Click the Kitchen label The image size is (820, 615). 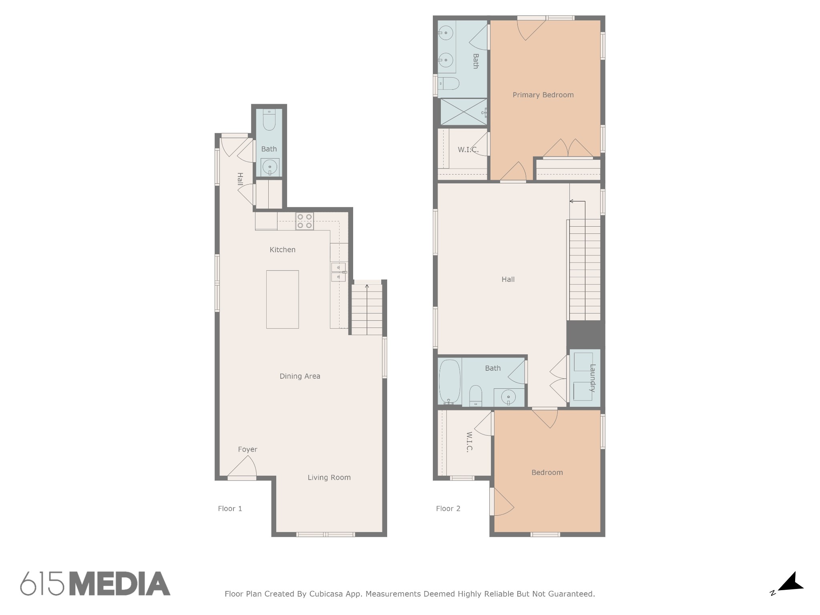(x=282, y=250)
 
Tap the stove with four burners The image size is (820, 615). (x=305, y=221)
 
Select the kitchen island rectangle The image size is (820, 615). (x=282, y=299)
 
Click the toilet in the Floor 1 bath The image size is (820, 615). (x=269, y=120)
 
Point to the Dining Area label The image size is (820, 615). (x=299, y=376)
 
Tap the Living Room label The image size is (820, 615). (x=329, y=478)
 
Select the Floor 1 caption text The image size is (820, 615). (x=230, y=509)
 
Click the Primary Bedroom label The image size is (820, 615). (x=543, y=95)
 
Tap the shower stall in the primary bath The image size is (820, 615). (x=463, y=112)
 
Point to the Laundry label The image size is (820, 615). (x=593, y=378)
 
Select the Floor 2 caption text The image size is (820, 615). (x=448, y=509)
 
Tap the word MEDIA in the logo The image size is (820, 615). (x=120, y=584)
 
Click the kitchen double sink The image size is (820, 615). (x=338, y=272)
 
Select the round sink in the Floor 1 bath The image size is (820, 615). (x=270, y=167)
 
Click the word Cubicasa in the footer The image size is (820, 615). (x=326, y=594)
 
